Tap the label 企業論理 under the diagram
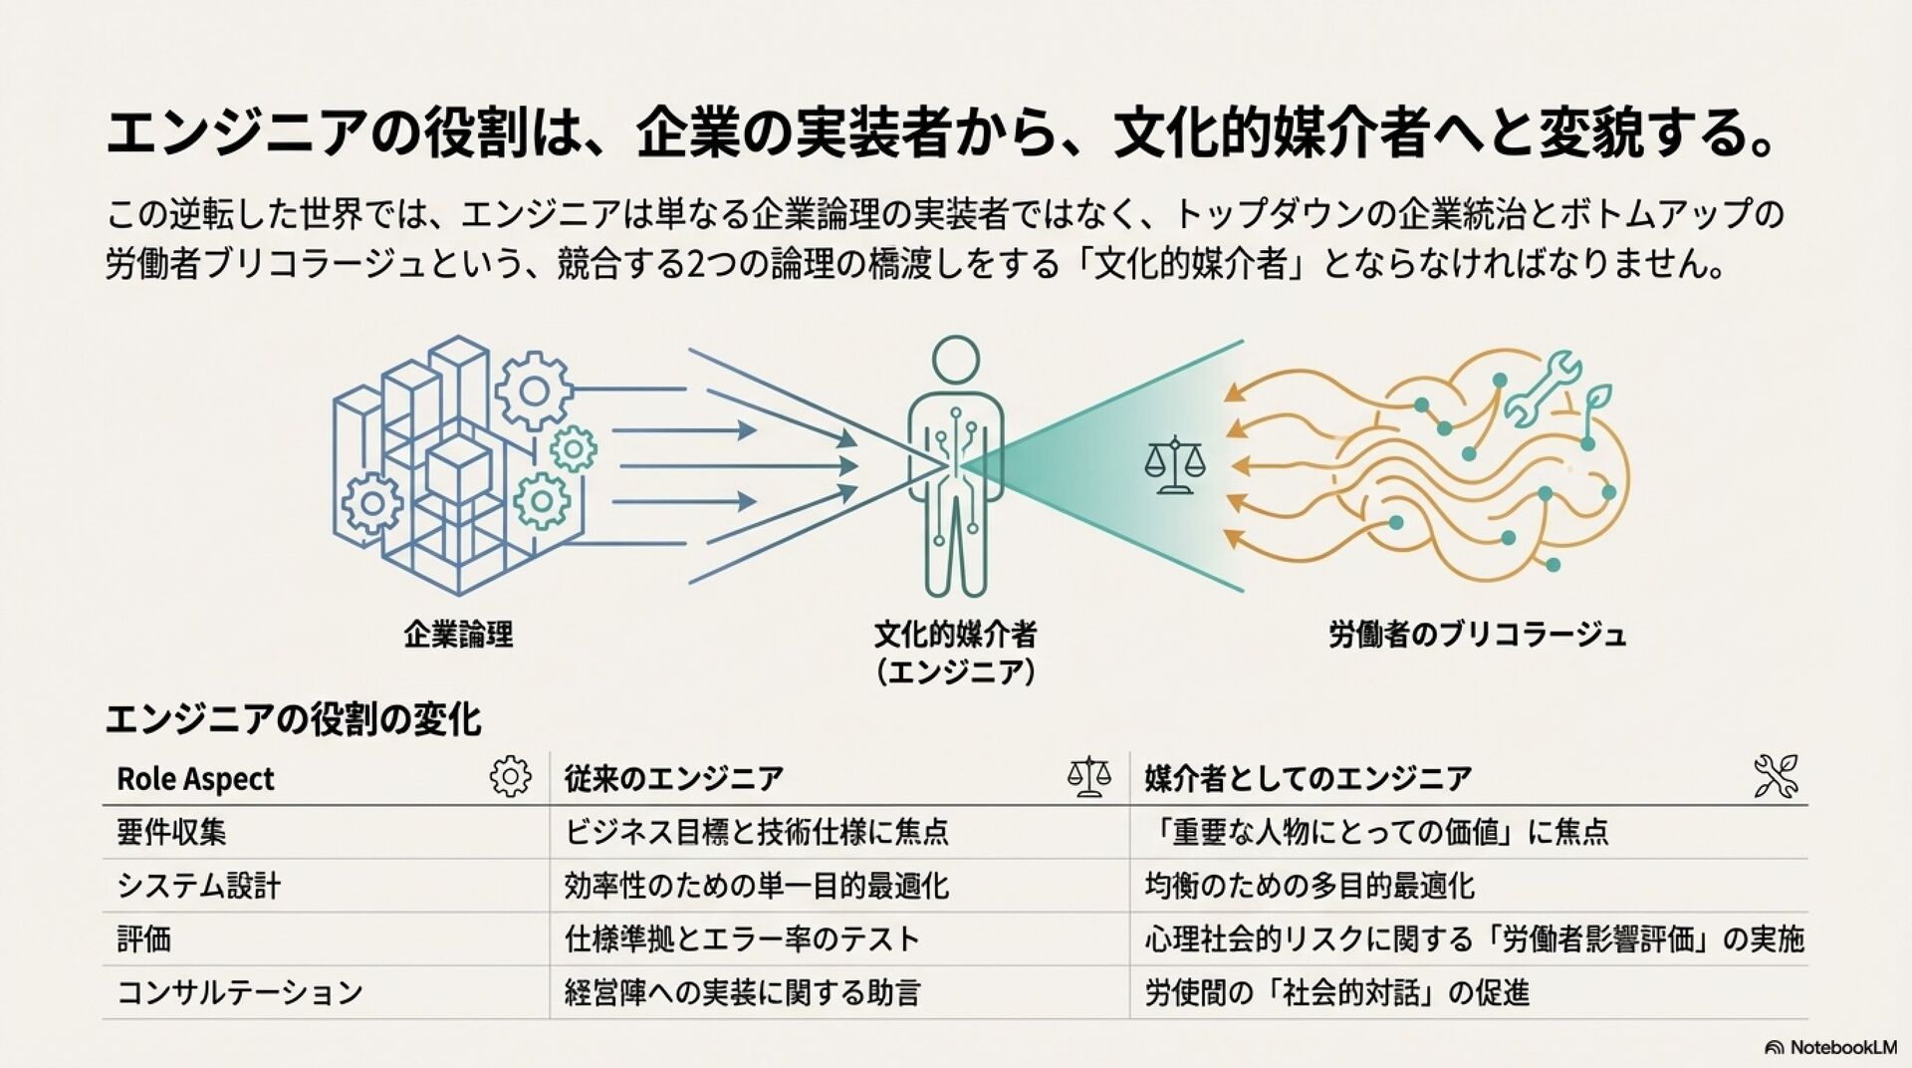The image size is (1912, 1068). tap(458, 635)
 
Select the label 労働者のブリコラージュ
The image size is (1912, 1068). tap(1477, 635)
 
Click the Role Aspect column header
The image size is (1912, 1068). tap(195, 779)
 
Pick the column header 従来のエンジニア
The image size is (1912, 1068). tap(673, 779)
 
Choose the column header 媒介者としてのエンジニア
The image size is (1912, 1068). tap(1308, 779)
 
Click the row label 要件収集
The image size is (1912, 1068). tap(171, 832)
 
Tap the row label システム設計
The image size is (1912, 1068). tap(198, 886)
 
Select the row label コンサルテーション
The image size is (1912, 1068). tap(239, 992)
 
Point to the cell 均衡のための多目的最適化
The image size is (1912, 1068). tap(1310, 886)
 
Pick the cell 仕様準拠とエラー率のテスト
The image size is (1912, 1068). tap(742, 938)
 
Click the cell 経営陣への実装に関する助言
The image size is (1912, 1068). tap(742, 992)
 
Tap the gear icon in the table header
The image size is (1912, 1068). tap(511, 776)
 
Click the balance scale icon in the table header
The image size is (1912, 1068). tap(1088, 776)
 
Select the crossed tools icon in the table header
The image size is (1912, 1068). tap(1777, 776)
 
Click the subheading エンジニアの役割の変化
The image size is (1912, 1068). tap(293, 719)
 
